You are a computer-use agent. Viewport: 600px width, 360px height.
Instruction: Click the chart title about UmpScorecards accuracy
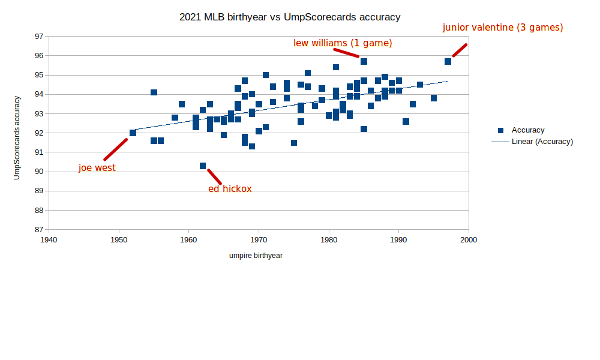tap(290, 17)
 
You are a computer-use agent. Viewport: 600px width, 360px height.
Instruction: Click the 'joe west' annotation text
tap(97, 168)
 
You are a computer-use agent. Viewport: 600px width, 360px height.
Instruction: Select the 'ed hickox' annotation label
tap(230, 188)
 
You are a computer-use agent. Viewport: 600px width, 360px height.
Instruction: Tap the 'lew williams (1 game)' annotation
tap(343, 43)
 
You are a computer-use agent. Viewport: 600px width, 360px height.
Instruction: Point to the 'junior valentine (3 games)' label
tap(503, 27)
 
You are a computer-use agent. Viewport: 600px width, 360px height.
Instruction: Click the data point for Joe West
tap(133, 133)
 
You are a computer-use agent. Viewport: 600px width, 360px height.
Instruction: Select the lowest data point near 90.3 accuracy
tap(203, 166)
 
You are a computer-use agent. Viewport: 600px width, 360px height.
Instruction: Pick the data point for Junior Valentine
tap(448, 61)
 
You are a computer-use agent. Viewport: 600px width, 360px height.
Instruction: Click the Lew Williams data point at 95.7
tap(364, 61)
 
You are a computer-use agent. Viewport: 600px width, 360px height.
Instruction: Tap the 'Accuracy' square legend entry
tap(500, 130)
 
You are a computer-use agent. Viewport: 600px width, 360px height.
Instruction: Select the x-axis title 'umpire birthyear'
tap(256, 256)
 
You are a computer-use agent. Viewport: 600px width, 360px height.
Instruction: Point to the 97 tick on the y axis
tap(39, 37)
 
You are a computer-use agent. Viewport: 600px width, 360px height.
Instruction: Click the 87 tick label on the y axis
tap(39, 230)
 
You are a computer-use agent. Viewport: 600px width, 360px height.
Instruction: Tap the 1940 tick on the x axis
tap(49, 239)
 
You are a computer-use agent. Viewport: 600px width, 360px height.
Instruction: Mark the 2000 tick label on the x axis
tap(469, 239)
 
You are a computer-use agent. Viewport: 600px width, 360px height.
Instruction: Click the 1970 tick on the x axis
tap(259, 239)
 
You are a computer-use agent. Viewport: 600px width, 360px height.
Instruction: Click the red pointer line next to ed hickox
tap(214, 176)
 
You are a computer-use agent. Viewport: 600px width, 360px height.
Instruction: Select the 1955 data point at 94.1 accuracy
tap(154, 92)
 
